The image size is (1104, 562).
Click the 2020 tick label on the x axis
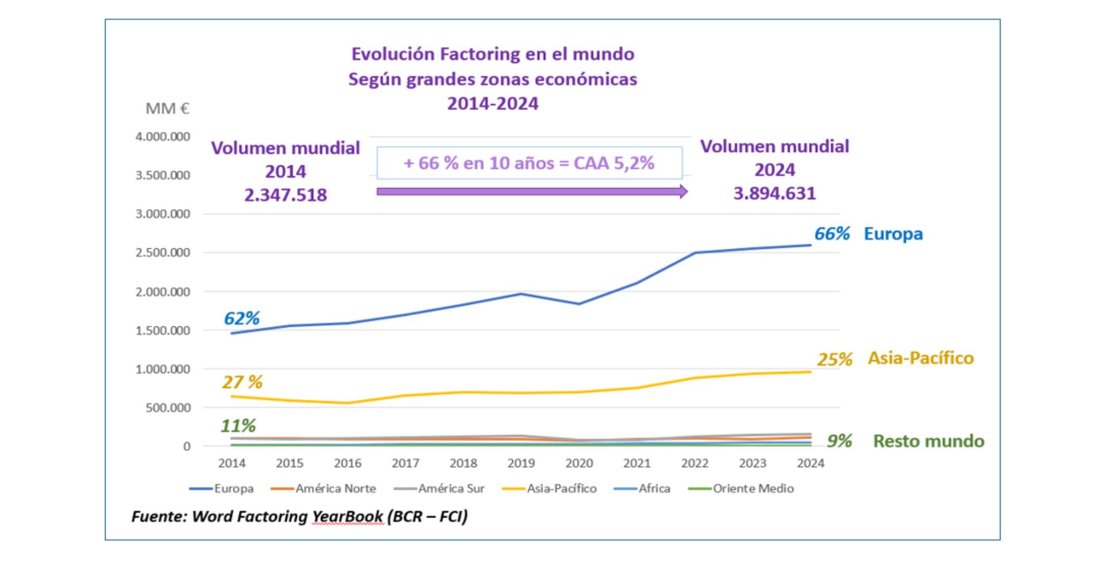pyautogui.click(x=579, y=463)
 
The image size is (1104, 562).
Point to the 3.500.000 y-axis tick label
pyautogui.click(x=163, y=175)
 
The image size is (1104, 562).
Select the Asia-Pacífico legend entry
pyautogui.click(x=550, y=488)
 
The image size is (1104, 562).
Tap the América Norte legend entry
pyautogui.click(x=324, y=488)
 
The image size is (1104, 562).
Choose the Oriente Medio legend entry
pyautogui.click(x=741, y=488)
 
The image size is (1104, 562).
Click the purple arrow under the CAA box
pyautogui.click(x=532, y=191)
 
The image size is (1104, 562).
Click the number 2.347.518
pyautogui.click(x=285, y=195)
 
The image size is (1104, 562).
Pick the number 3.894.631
pyautogui.click(x=774, y=194)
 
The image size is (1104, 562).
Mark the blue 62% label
pyautogui.click(x=241, y=318)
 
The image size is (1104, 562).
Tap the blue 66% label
pyautogui.click(x=831, y=233)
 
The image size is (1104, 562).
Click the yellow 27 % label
pyautogui.click(x=242, y=382)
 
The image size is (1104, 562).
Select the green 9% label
pyautogui.click(x=839, y=441)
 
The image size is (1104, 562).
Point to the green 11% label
pyautogui.click(x=238, y=426)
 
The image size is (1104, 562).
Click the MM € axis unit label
pyautogui.click(x=167, y=109)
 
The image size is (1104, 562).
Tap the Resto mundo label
pyautogui.click(x=928, y=441)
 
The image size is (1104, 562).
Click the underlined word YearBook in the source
pyautogui.click(x=347, y=516)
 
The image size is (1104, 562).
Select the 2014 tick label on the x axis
pyautogui.click(x=232, y=463)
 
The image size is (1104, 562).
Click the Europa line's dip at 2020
pyautogui.click(x=579, y=304)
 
